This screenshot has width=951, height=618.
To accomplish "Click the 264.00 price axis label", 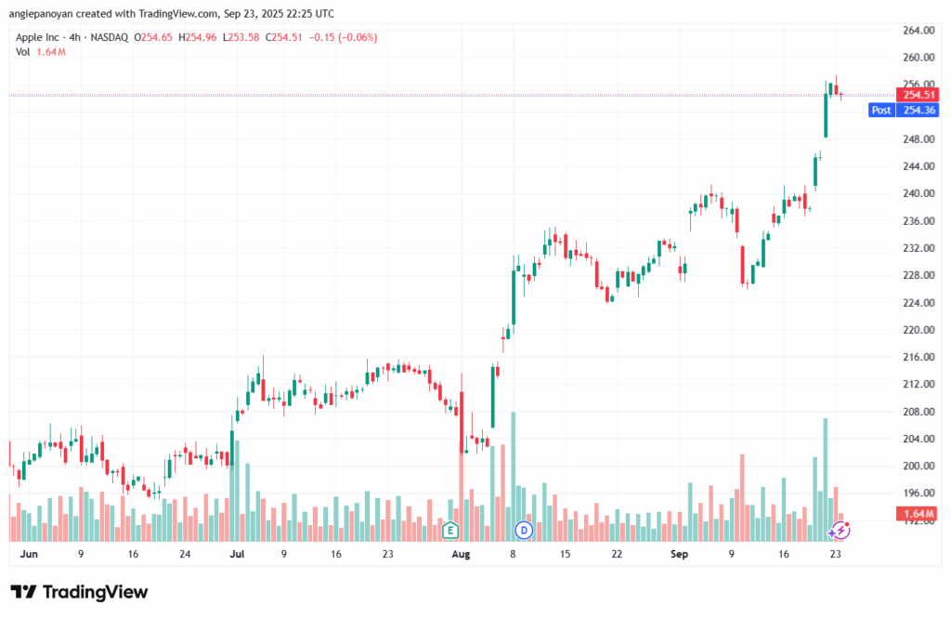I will (x=918, y=30).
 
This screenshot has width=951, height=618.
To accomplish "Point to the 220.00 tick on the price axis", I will (x=918, y=330).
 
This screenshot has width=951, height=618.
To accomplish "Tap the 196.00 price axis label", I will (x=918, y=493).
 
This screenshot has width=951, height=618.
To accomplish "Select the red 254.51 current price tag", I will (x=918, y=95).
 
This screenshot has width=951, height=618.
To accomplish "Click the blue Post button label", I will (x=881, y=110).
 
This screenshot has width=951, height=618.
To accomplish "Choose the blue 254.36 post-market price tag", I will (x=918, y=110).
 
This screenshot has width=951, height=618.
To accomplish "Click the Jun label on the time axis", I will (x=30, y=554).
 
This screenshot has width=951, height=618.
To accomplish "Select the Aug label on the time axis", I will (x=462, y=554).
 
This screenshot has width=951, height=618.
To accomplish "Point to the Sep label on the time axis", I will (x=680, y=554).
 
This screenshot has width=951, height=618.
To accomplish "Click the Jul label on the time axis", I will (x=237, y=554).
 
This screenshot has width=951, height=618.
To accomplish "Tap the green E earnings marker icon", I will (x=450, y=530).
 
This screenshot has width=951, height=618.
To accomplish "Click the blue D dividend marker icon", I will (x=523, y=530).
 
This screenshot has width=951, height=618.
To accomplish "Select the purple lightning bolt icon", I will (x=840, y=530).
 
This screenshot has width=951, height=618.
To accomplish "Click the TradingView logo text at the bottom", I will (x=79, y=592).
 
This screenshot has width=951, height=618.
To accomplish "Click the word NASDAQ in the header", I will (x=107, y=37).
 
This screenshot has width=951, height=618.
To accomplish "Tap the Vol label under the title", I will (x=23, y=52).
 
